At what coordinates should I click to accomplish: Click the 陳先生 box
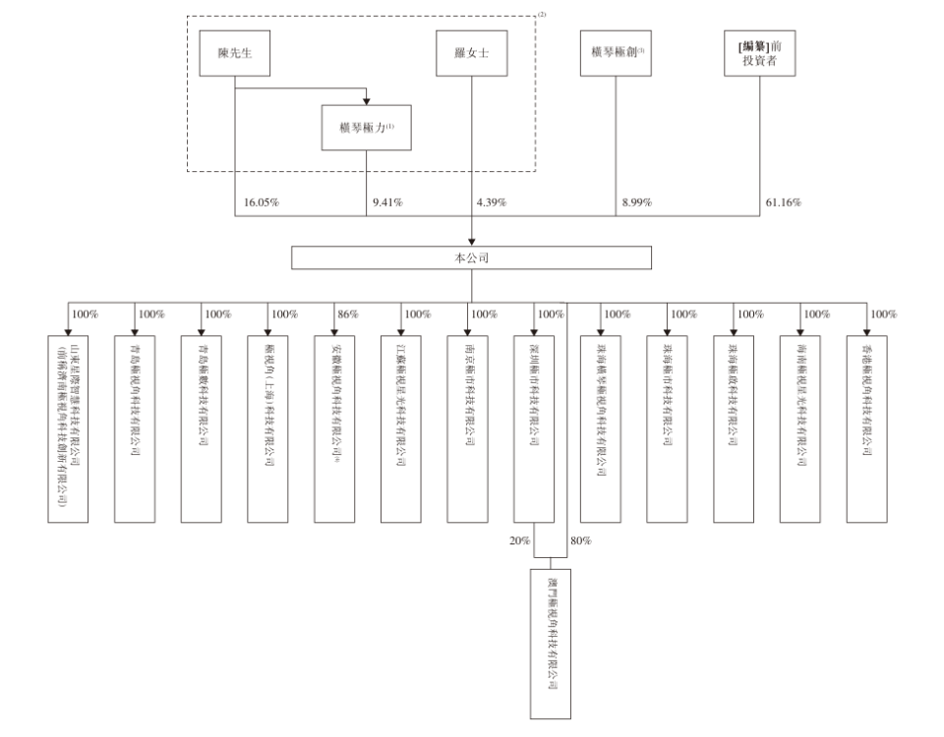[x=235, y=53]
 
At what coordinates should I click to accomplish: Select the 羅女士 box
[x=471, y=53]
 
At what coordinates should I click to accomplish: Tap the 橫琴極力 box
[x=366, y=128]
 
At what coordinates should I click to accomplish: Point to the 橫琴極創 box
[x=617, y=53]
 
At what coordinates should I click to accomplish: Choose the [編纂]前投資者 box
[x=759, y=53]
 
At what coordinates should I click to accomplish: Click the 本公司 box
[x=471, y=256]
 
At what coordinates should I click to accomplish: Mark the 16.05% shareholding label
[x=262, y=202]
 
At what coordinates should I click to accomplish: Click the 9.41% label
[x=387, y=202]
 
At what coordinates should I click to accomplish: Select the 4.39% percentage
[x=490, y=202]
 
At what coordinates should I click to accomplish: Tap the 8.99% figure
[x=636, y=202]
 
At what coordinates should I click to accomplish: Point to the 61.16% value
[x=783, y=202]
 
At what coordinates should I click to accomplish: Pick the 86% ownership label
[x=348, y=314]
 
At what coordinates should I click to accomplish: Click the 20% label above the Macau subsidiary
[x=521, y=540]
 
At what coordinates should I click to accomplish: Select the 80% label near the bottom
[x=580, y=540]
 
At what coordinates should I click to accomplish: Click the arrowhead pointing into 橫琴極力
[x=366, y=101]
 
